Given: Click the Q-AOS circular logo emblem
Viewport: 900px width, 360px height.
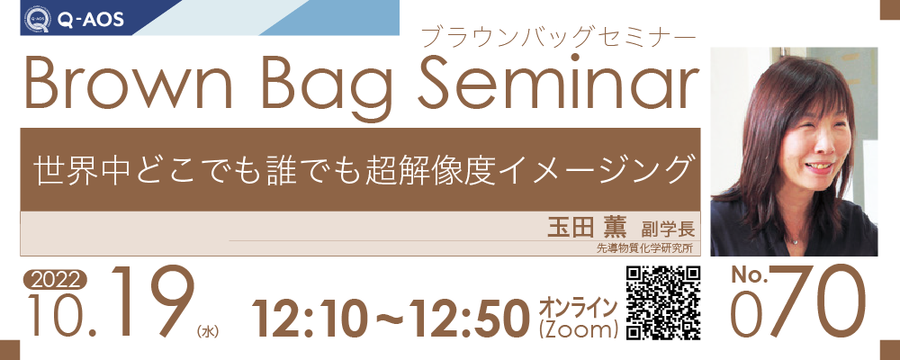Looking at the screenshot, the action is click(x=37, y=19).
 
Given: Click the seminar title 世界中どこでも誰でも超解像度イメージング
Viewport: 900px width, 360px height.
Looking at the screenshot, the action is click(x=361, y=169).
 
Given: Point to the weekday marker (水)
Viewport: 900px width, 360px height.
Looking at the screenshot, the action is click(x=208, y=331).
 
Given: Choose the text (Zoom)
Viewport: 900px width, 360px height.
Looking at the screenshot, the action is click(x=579, y=329).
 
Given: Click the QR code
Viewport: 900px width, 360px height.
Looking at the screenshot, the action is click(x=663, y=302).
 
